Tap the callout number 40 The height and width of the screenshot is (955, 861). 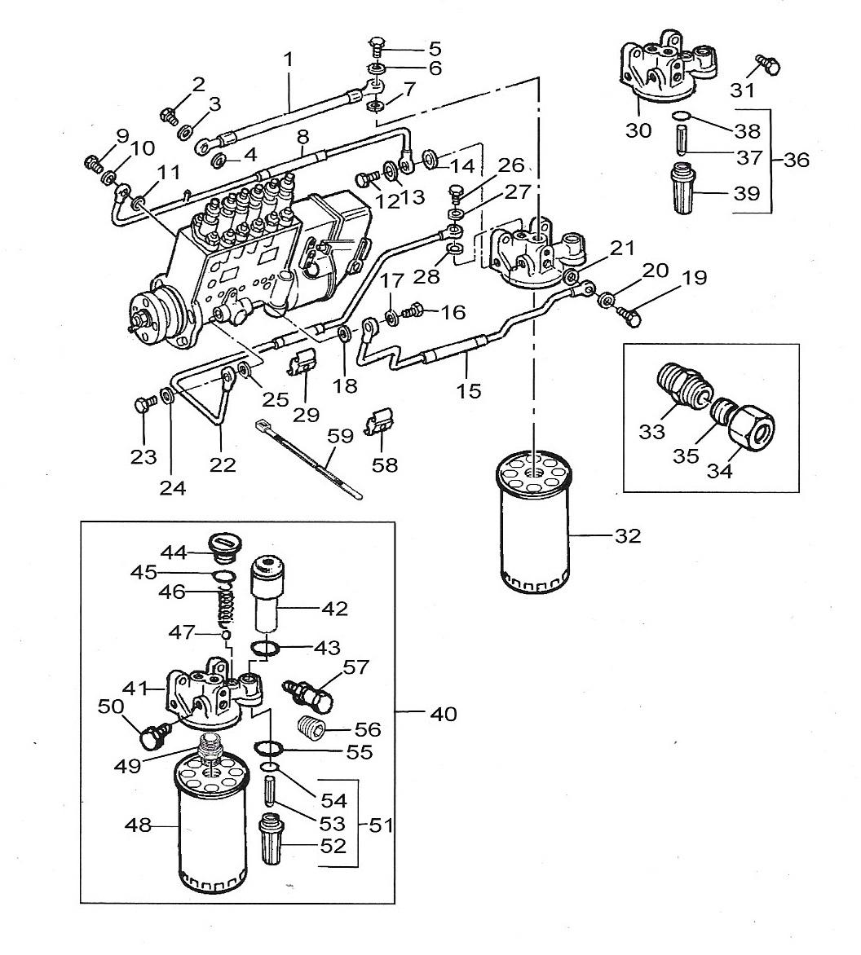(x=444, y=713)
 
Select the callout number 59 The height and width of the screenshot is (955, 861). (x=340, y=437)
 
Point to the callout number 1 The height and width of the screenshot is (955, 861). (x=288, y=59)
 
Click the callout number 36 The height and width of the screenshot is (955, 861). (x=797, y=161)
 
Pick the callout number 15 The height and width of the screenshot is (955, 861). (x=469, y=390)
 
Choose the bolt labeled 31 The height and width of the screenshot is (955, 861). (x=768, y=64)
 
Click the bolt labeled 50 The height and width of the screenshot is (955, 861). (x=152, y=734)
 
